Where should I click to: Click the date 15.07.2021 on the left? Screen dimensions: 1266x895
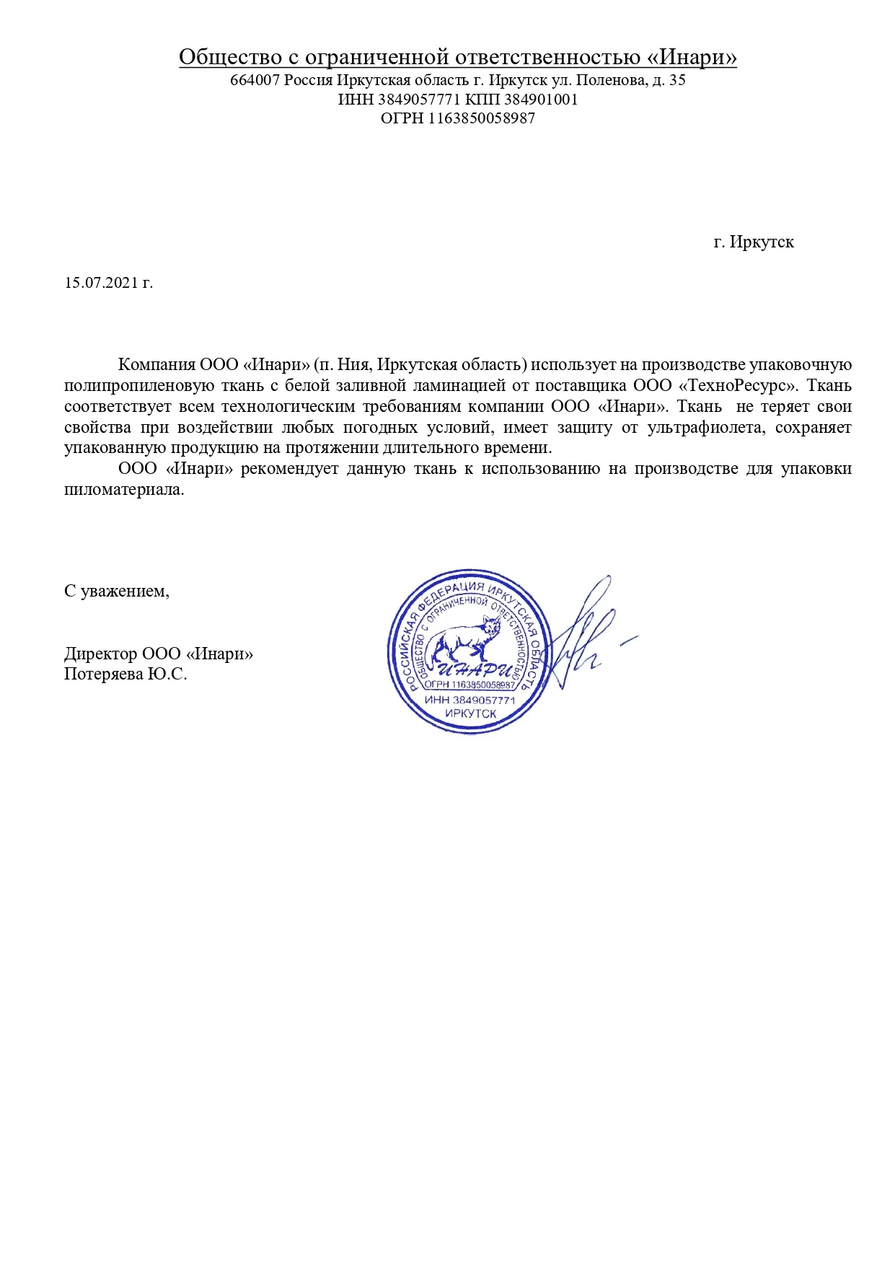point(101,282)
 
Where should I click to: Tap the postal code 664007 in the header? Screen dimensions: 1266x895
point(255,80)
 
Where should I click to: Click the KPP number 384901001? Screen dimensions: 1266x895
point(541,100)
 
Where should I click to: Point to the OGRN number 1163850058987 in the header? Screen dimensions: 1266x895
point(482,118)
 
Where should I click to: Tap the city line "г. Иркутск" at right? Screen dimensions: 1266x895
point(754,242)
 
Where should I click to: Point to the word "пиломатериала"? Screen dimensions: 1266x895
point(124,489)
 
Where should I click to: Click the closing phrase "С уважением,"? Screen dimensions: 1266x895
point(117,591)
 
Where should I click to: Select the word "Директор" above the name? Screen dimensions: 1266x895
point(100,654)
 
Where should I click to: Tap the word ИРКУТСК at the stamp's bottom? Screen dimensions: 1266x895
point(470,713)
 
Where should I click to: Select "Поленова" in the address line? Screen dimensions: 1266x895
point(609,80)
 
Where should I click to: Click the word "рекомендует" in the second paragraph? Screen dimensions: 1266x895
point(290,468)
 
